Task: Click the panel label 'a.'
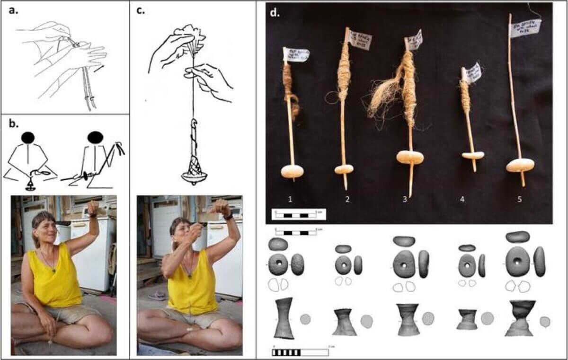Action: click(x=14, y=11)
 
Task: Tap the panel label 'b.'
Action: click(x=14, y=124)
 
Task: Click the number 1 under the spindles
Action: click(x=290, y=200)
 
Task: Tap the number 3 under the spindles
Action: click(x=405, y=200)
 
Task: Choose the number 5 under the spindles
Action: click(x=519, y=200)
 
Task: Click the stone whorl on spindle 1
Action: click(x=293, y=171)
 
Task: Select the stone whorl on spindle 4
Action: click(x=473, y=156)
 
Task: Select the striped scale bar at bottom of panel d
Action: click(x=300, y=352)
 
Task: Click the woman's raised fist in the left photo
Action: click(x=93, y=208)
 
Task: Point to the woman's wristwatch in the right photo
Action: click(x=229, y=217)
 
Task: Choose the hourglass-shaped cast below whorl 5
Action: click(x=519, y=318)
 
